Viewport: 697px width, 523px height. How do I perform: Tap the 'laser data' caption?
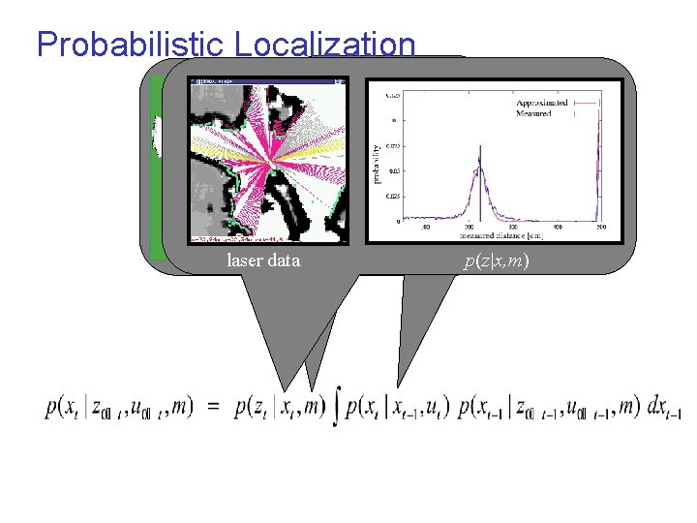click(x=263, y=261)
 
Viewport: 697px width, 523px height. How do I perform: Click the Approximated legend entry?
click(x=542, y=102)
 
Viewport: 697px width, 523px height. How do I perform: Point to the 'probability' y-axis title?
click(x=376, y=166)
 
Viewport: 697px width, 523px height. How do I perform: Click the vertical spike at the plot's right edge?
click(x=599, y=155)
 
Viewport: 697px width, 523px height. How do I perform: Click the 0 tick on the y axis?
click(x=394, y=221)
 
